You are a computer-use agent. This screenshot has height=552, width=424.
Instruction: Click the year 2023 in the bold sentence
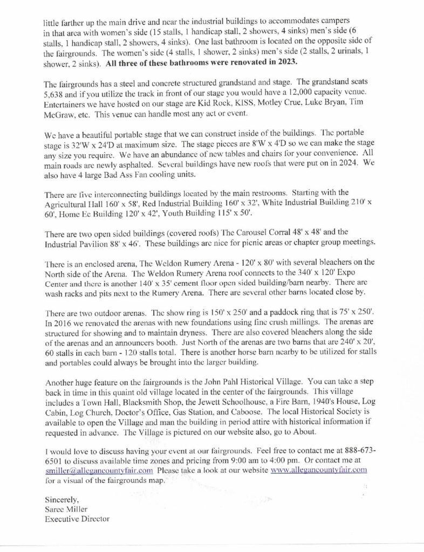click(286, 63)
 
